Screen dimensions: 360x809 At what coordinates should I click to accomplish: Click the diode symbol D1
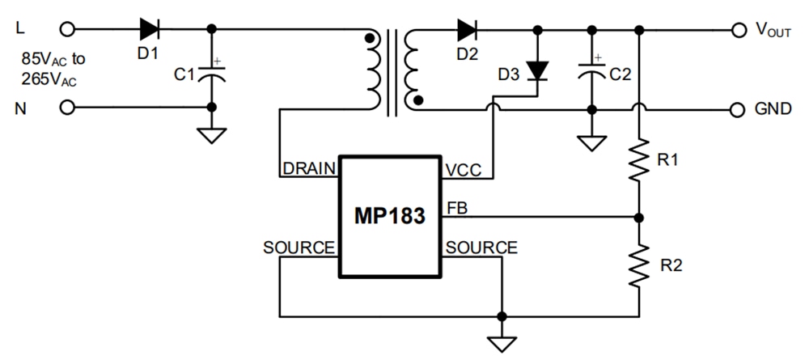(149, 29)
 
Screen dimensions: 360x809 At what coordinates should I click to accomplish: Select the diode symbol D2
(467, 29)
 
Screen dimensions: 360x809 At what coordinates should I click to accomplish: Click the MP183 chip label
(390, 218)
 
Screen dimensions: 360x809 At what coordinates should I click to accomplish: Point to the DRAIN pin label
(308, 168)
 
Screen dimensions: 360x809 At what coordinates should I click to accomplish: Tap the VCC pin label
(462, 169)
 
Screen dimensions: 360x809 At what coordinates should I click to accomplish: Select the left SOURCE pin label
(299, 247)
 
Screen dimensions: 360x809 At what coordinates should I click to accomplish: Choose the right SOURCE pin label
(481, 247)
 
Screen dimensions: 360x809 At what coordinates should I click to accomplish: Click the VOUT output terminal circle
(737, 30)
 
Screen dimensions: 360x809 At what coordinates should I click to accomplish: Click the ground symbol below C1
(212, 134)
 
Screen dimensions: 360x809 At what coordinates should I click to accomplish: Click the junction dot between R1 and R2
(639, 218)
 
